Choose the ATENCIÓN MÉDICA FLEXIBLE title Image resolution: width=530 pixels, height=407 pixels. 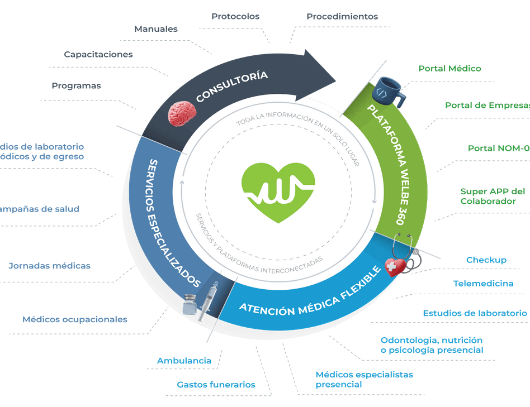click(310, 293)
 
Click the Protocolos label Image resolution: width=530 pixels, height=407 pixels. click(235, 16)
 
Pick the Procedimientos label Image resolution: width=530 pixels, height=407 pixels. click(342, 16)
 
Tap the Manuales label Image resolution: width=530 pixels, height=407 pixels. click(156, 28)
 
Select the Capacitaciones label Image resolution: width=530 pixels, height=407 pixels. click(98, 54)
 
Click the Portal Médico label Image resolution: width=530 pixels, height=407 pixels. click(449, 68)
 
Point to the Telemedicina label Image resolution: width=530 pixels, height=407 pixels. click(483, 283)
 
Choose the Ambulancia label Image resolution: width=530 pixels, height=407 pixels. click(184, 361)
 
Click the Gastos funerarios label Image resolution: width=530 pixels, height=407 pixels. click(216, 384)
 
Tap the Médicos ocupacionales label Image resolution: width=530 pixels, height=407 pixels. click(75, 320)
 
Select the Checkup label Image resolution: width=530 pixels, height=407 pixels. click(486, 260)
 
